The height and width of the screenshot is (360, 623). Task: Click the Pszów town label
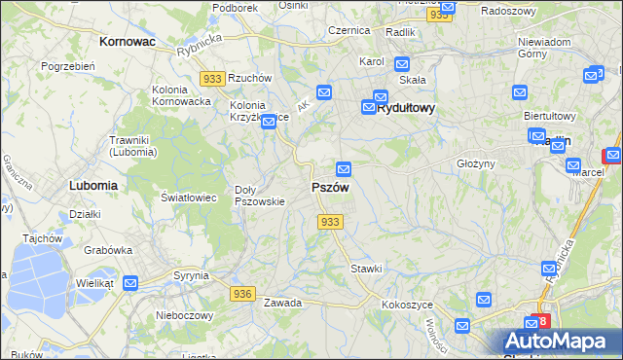(330, 187)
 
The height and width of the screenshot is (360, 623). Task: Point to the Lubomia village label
(93, 184)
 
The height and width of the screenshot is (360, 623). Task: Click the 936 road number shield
(242, 293)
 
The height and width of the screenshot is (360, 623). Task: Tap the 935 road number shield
(440, 15)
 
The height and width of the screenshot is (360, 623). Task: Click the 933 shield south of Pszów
(330, 222)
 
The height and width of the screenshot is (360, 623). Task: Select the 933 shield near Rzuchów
(212, 78)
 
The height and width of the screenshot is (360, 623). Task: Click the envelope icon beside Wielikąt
(130, 282)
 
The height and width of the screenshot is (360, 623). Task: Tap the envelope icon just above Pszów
(343, 168)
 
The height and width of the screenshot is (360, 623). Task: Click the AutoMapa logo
(562, 341)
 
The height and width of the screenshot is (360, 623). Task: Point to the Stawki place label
(366, 268)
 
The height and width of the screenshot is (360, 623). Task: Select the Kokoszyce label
(408, 304)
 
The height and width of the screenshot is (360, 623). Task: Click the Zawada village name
(282, 303)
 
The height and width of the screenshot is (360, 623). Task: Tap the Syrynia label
(191, 275)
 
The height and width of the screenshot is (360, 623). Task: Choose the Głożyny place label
(477, 163)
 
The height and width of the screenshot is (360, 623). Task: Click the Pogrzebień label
(67, 66)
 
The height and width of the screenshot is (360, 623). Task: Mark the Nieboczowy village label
(185, 315)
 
